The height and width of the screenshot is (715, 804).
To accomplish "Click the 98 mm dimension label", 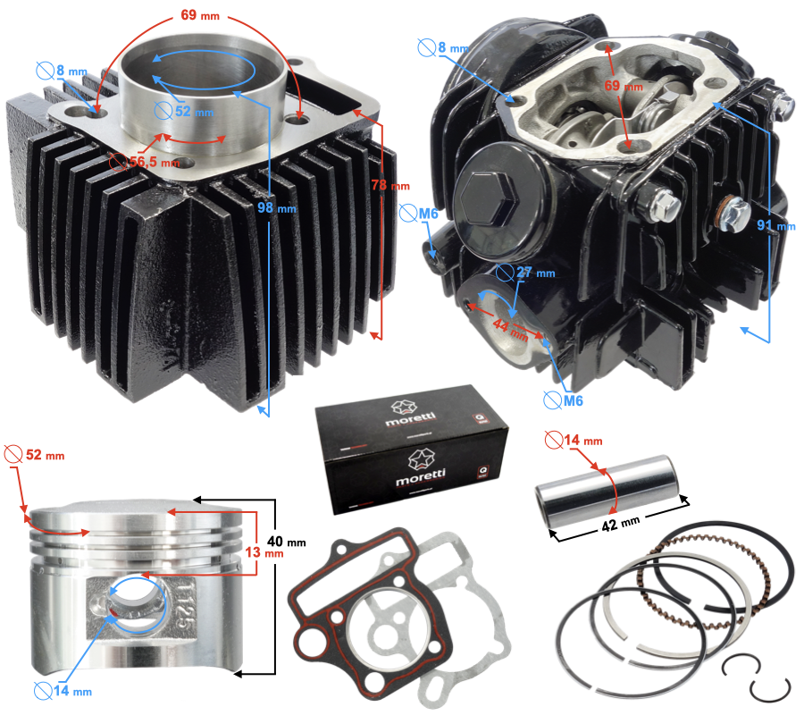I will [277, 207].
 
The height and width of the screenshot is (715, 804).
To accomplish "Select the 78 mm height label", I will [389, 185].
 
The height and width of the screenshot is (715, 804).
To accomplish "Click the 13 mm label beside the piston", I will [267, 552].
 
